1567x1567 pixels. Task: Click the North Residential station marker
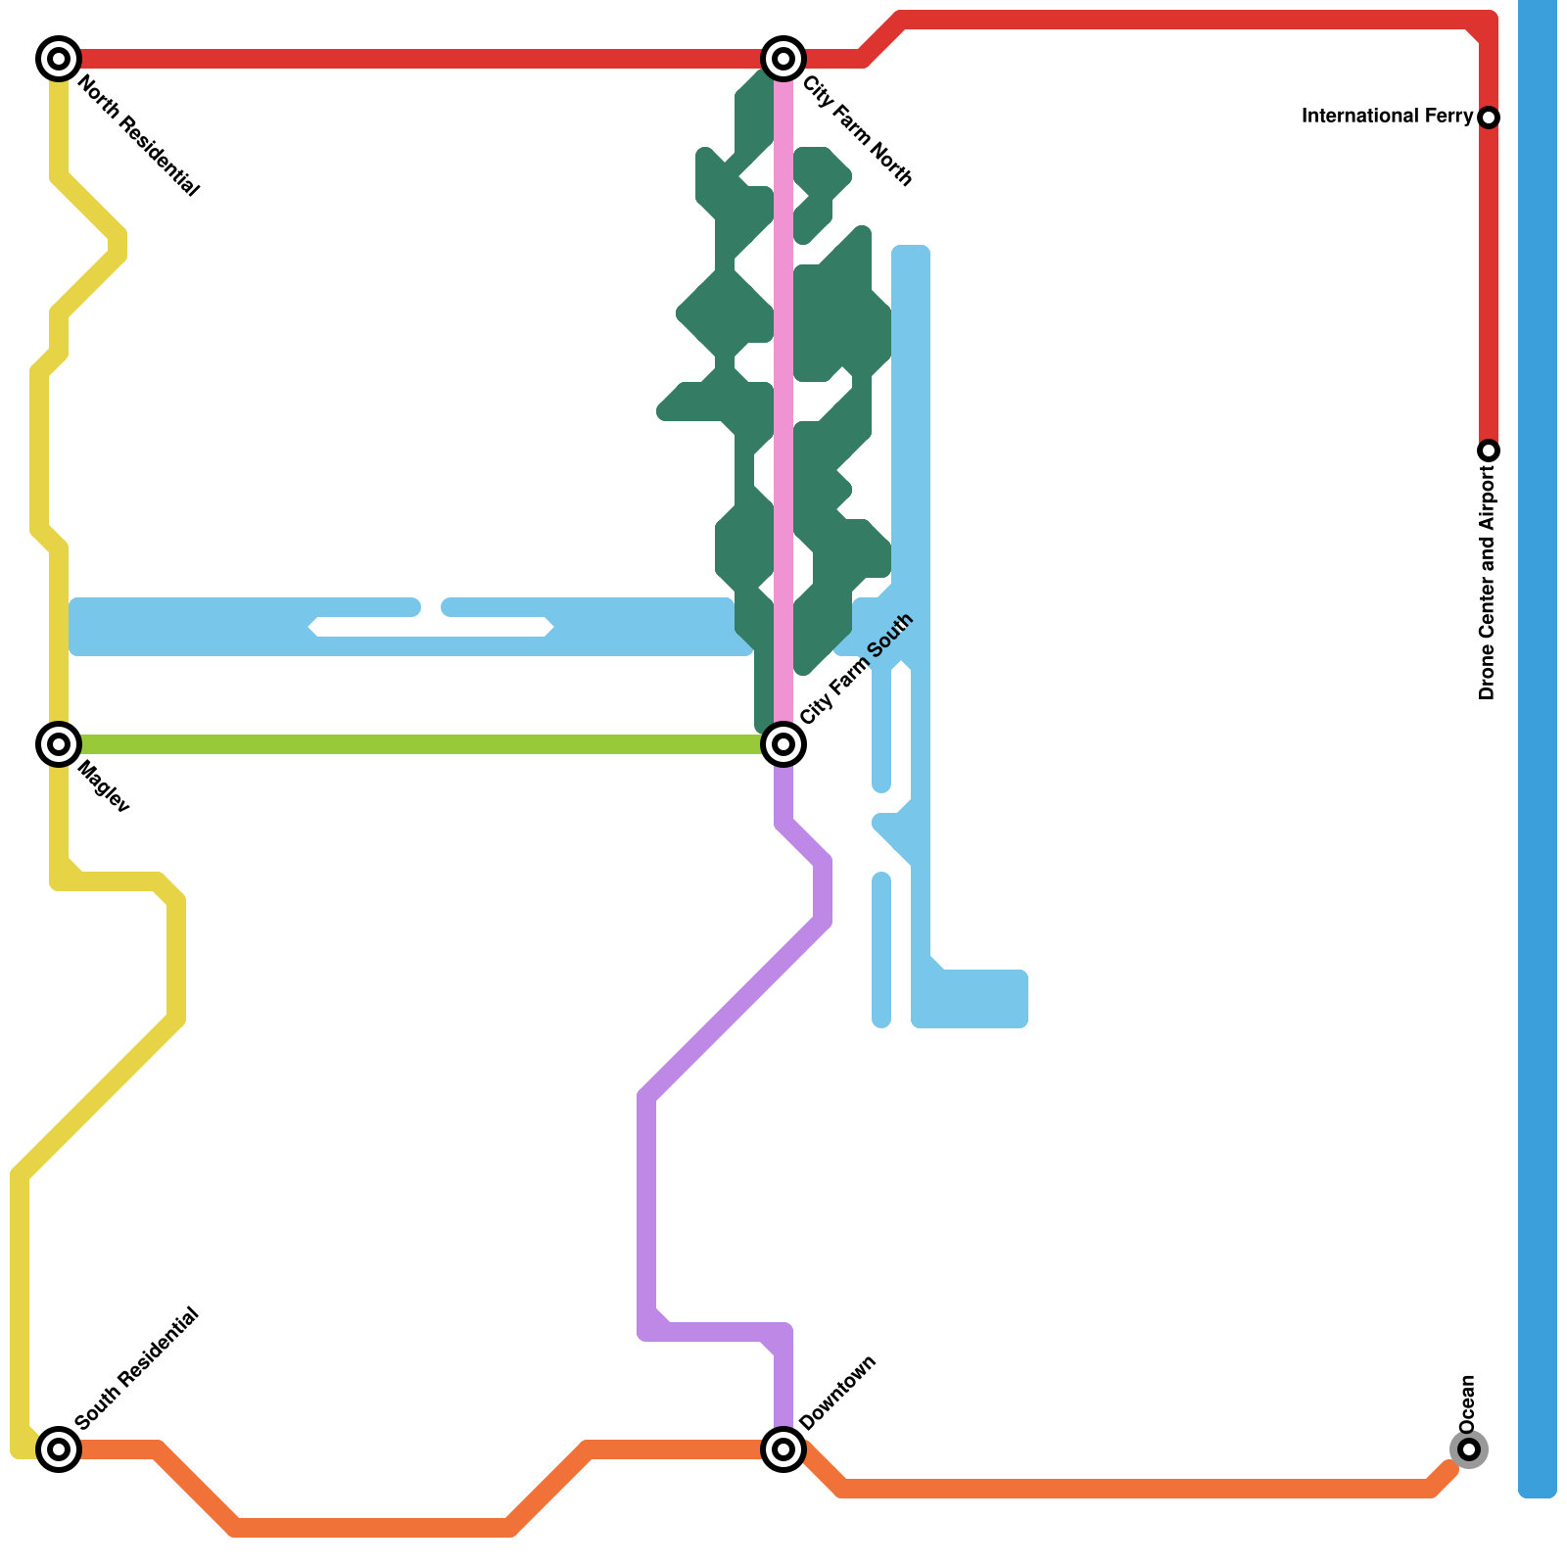(x=59, y=59)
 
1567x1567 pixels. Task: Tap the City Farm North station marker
(x=783, y=59)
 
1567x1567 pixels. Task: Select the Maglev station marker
(x=59, y=744)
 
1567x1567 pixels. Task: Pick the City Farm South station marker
(x=783, y=744)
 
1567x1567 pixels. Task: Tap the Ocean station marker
(x=1468, y=1448)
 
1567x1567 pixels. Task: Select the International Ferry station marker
(x=1489, y=118)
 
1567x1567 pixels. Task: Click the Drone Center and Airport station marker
(x=1489, y=451)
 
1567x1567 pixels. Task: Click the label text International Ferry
(x=1386, y=117)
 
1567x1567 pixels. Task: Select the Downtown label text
(x=837, y=1393)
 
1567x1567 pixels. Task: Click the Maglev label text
(x=103, y=786)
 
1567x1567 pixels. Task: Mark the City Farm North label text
(x=858, y=131)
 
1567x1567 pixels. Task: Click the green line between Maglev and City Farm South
(x=421, y=744)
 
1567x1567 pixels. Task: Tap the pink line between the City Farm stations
(x=783, y=392)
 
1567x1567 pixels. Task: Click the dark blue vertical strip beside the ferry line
(x=1537, y=744)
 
